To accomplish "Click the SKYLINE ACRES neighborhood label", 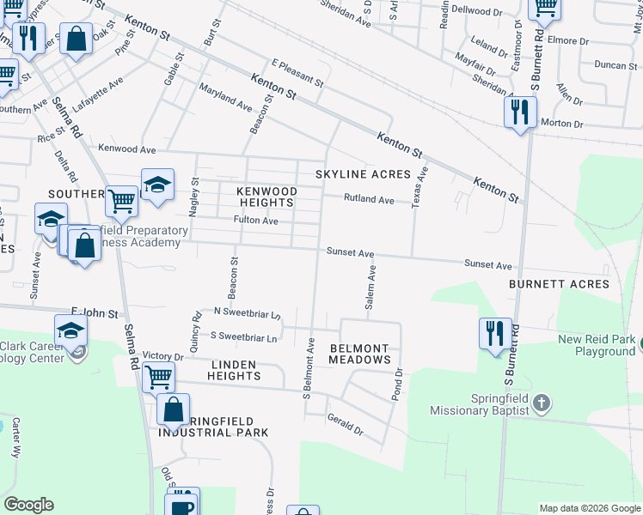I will coord(363,174).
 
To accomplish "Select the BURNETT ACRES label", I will coord(559,284).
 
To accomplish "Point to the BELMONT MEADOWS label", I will coord(360,354).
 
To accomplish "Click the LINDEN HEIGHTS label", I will coord(233,371).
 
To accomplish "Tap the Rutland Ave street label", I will coord(369,200).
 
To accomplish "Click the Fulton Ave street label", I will coord(256,221).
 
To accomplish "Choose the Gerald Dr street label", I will coord(345,423).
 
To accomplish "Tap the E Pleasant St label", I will coord(297,74).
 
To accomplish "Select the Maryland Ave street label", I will coord(224,100).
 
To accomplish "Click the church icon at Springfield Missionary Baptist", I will coord(541,402).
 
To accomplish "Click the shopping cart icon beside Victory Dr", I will coord(158,375).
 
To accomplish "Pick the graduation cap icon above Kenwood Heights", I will coord(157,184).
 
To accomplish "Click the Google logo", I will coord(28,505).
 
